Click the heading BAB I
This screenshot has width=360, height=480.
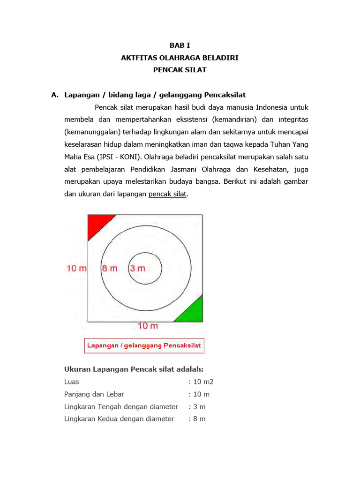[180, 45]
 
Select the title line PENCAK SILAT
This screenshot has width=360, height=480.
[180, 70]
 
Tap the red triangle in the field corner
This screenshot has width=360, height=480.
[97, 224]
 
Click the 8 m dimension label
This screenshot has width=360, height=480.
[109, 269]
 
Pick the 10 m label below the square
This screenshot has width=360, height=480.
[147, 326]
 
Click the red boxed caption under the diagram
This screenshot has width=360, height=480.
[144, 346]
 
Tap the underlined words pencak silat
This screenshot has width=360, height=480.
[168, 194]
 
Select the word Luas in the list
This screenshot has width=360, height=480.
[72, 382]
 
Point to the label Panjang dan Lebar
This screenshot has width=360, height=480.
[94, 394]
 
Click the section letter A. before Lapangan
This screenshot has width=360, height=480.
[55, 95]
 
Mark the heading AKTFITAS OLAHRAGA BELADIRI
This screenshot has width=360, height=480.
[180, 58]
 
